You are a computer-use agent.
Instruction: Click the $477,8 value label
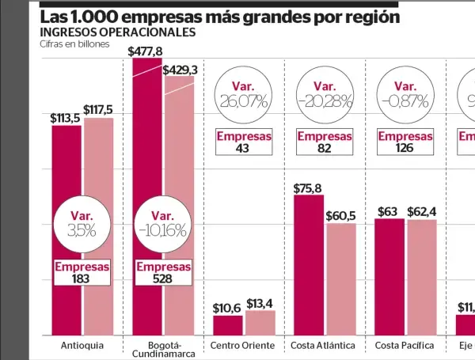pyautogui.click(x=146, y=51)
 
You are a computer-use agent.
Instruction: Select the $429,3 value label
pyautogui.click(x=180, y=70)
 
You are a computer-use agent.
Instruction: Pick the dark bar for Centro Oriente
pyautogui.click(x=227, y=324)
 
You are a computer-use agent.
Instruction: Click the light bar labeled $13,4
pyautogui.click(x=260, y=322)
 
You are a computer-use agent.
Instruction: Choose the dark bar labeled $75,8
pyautogui.click(x=308, y=265)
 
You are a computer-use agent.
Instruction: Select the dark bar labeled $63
pyautogui.click(x=389, y=276)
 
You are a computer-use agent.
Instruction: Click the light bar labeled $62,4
pyautogui.click(x=421, y=277)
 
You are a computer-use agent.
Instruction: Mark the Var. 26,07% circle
pyautogui.click(x=243, y=94)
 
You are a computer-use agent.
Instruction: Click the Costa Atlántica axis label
pyautogui.click(x=324, y=346)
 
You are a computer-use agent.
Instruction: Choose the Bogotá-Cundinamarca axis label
pyautogui.click(x=163, y=350)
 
